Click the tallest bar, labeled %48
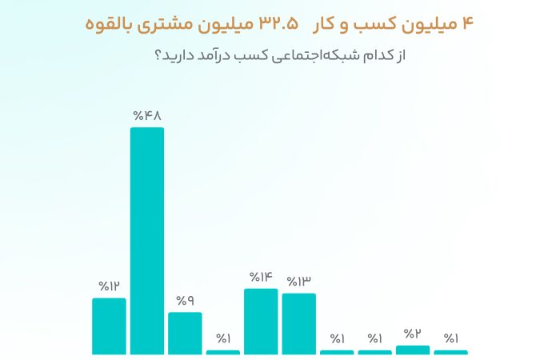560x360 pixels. [147, 240]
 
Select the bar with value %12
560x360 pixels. [109, 326]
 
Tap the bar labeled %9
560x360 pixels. [185, 333]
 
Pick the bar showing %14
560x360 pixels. [261, 321]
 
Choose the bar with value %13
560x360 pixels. [299, 323]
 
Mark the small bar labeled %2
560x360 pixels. [413, 350]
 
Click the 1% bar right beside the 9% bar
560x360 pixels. [223, 352]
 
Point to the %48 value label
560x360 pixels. [147, 116]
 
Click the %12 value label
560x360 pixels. [109, 286]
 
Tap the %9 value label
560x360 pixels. [185, 301]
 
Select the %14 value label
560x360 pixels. [261, 278]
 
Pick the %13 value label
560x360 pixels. [299, 282]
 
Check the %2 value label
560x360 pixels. [413, 334]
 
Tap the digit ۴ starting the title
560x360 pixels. [468, 24]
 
